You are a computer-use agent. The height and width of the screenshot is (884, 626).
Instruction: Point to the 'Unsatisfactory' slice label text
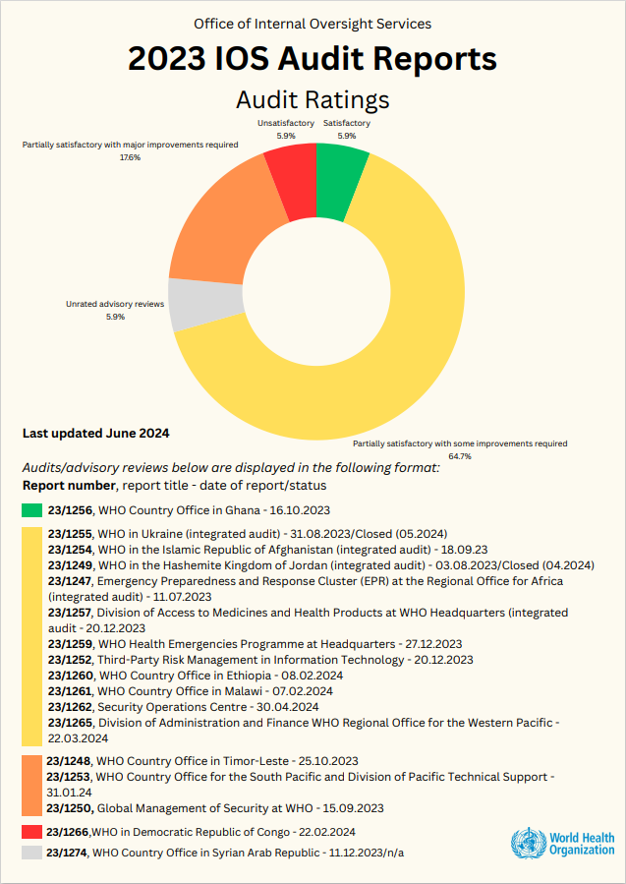tap(286, 123)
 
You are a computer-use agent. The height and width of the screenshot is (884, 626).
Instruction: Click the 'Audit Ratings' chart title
tap(313, 99)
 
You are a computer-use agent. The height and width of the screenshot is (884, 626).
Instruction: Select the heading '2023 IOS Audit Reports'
tap(313, 60)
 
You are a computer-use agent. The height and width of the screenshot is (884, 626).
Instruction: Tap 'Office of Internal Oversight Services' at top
tap(313, 24)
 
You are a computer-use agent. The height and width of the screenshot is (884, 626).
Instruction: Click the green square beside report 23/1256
tap(32, 509)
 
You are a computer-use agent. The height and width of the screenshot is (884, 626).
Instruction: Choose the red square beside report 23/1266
tap(32, 832)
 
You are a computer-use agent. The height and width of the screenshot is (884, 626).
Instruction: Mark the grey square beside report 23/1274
tap(32, 853)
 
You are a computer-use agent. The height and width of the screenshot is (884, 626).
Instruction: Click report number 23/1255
tap(70, 534)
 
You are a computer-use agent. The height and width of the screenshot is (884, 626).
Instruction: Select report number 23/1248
tap(69, 761)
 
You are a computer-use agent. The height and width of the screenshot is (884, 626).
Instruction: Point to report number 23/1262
tap(70, 707)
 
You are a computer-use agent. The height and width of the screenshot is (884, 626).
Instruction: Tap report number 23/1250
tap(69, 808)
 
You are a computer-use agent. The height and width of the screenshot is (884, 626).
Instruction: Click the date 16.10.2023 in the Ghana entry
tap(297, 509)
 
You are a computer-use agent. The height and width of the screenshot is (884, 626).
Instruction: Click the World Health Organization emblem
tap(527, 844)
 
